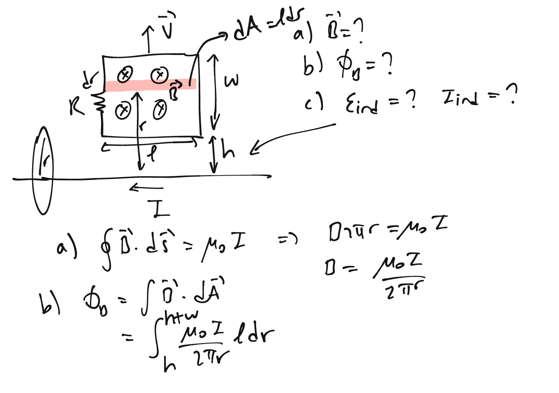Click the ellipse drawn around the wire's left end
43,171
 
